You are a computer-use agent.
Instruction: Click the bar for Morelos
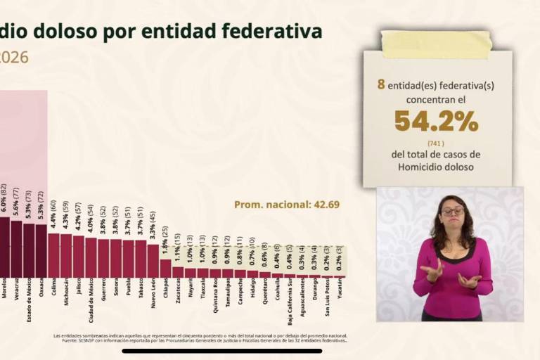pos(4,247)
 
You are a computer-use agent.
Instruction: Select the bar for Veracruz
pos(16,249)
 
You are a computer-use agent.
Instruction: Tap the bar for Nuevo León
pos(153,260)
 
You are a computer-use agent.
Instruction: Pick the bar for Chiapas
pos(165,268)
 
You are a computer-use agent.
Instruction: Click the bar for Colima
pos(53,255)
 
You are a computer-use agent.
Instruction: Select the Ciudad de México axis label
pos(91,300)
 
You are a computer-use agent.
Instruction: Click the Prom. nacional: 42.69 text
pos(287,205)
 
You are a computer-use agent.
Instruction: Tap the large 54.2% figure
pos(436,121)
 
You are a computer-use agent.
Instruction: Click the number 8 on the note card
pos(381,84)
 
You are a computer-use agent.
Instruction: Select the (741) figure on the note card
pos(437,142)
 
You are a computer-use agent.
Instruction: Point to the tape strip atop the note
pos(436,44)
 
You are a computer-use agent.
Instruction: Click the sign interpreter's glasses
pos(452,210)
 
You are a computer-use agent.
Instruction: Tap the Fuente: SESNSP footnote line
pos(200,340)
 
